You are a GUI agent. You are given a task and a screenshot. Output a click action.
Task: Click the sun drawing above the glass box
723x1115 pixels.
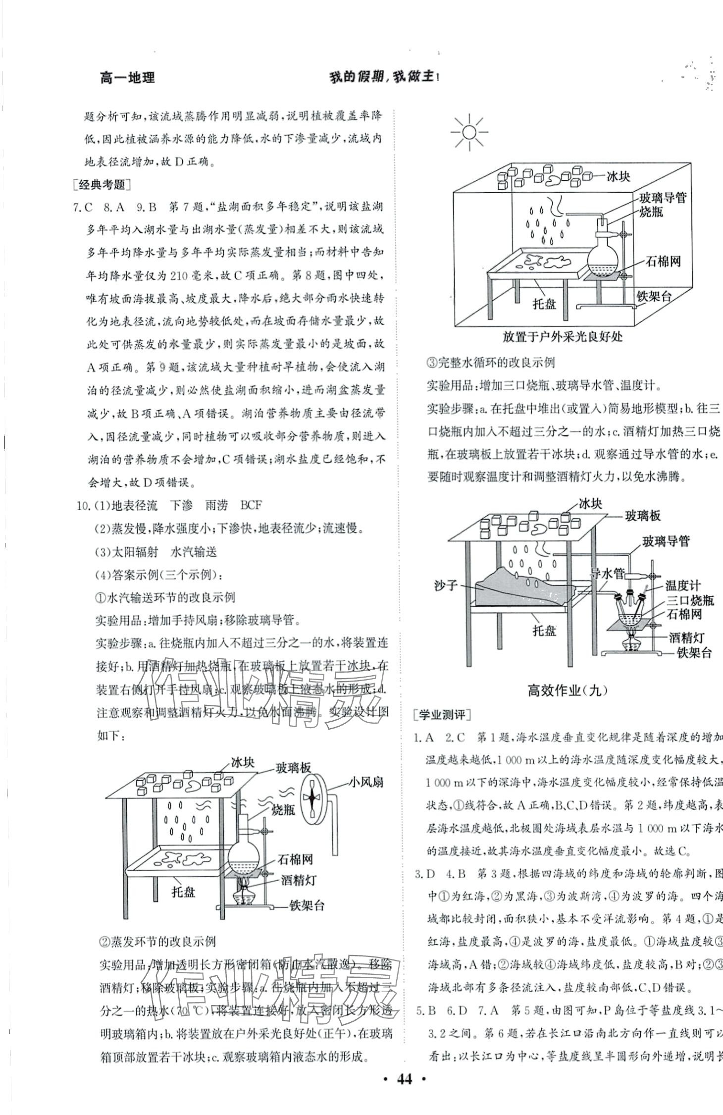tap(469, 132)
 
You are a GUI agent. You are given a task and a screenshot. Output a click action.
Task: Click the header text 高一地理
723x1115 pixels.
tap(127, 78)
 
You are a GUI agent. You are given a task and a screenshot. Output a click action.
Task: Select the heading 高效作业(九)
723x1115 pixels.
tap(567, 690)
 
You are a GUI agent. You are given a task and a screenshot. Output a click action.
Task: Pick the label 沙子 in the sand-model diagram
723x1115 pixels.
tap(445, 585)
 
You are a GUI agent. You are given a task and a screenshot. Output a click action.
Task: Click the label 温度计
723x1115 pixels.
tap(683, 586)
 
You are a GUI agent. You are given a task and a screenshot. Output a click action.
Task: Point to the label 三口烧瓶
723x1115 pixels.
tap(690, 600)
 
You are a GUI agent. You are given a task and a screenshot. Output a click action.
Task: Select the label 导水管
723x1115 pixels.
tap(608, 574)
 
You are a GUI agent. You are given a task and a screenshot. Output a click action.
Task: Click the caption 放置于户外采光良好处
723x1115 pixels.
tap(563, 337)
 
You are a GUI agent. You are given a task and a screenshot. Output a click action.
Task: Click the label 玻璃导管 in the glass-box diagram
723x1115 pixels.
tap(662, 198)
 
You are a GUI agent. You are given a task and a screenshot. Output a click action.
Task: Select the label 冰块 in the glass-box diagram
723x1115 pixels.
tap(619, 176)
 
